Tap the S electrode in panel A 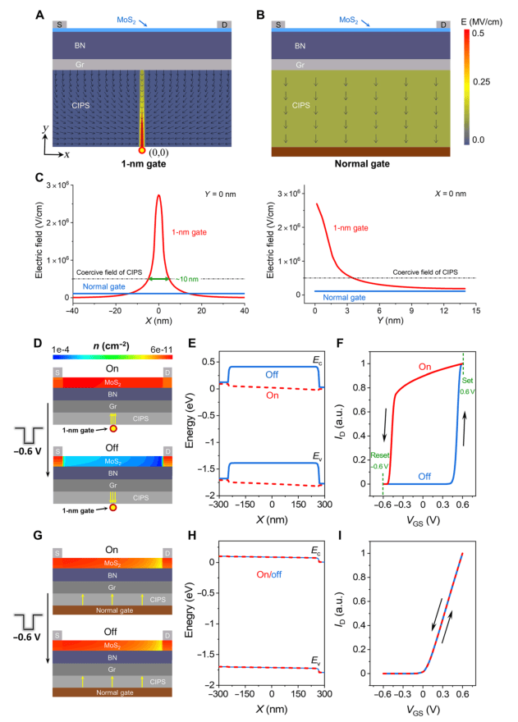coord(58,25)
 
